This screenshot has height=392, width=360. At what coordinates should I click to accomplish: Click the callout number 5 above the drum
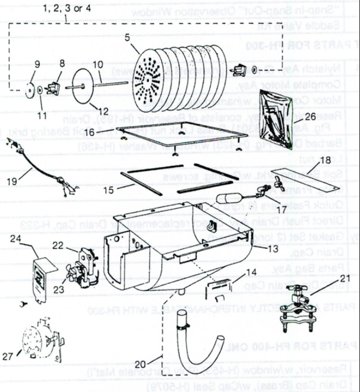point(127,38)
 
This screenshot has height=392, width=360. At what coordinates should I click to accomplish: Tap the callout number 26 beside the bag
point(310,116)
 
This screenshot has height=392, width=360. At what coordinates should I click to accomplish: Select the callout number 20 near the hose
point(139,364)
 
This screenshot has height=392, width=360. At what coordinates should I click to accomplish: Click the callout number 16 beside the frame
point(90,132)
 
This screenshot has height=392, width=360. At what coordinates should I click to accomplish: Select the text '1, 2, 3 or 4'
point(67,9)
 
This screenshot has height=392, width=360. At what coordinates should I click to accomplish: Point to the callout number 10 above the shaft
point(97,64)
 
